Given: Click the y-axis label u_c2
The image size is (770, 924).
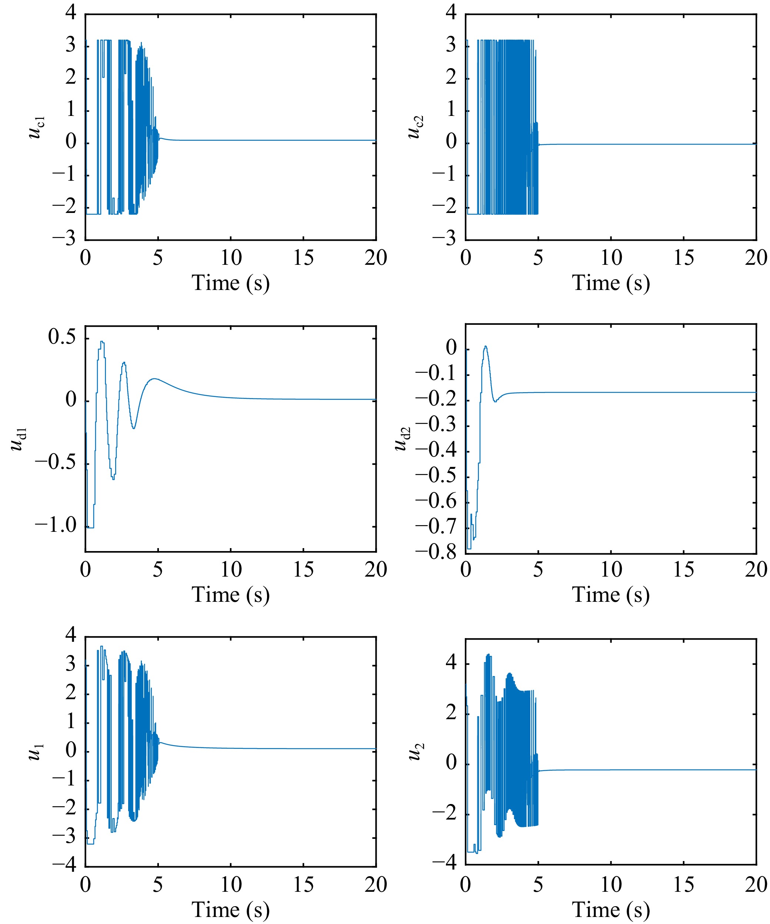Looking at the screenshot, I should (416, 128).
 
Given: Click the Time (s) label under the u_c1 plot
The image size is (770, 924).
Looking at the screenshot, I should (231, 283).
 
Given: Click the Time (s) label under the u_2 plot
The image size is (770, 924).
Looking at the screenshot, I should (611, 910).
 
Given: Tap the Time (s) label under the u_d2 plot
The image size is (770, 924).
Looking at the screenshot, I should (611, 595).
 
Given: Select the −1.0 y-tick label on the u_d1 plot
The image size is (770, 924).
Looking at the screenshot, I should (56, 526).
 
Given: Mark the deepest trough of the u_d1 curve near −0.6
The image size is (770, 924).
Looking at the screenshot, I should (114, 478).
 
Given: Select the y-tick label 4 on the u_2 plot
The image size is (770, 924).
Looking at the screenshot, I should (451, 663).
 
